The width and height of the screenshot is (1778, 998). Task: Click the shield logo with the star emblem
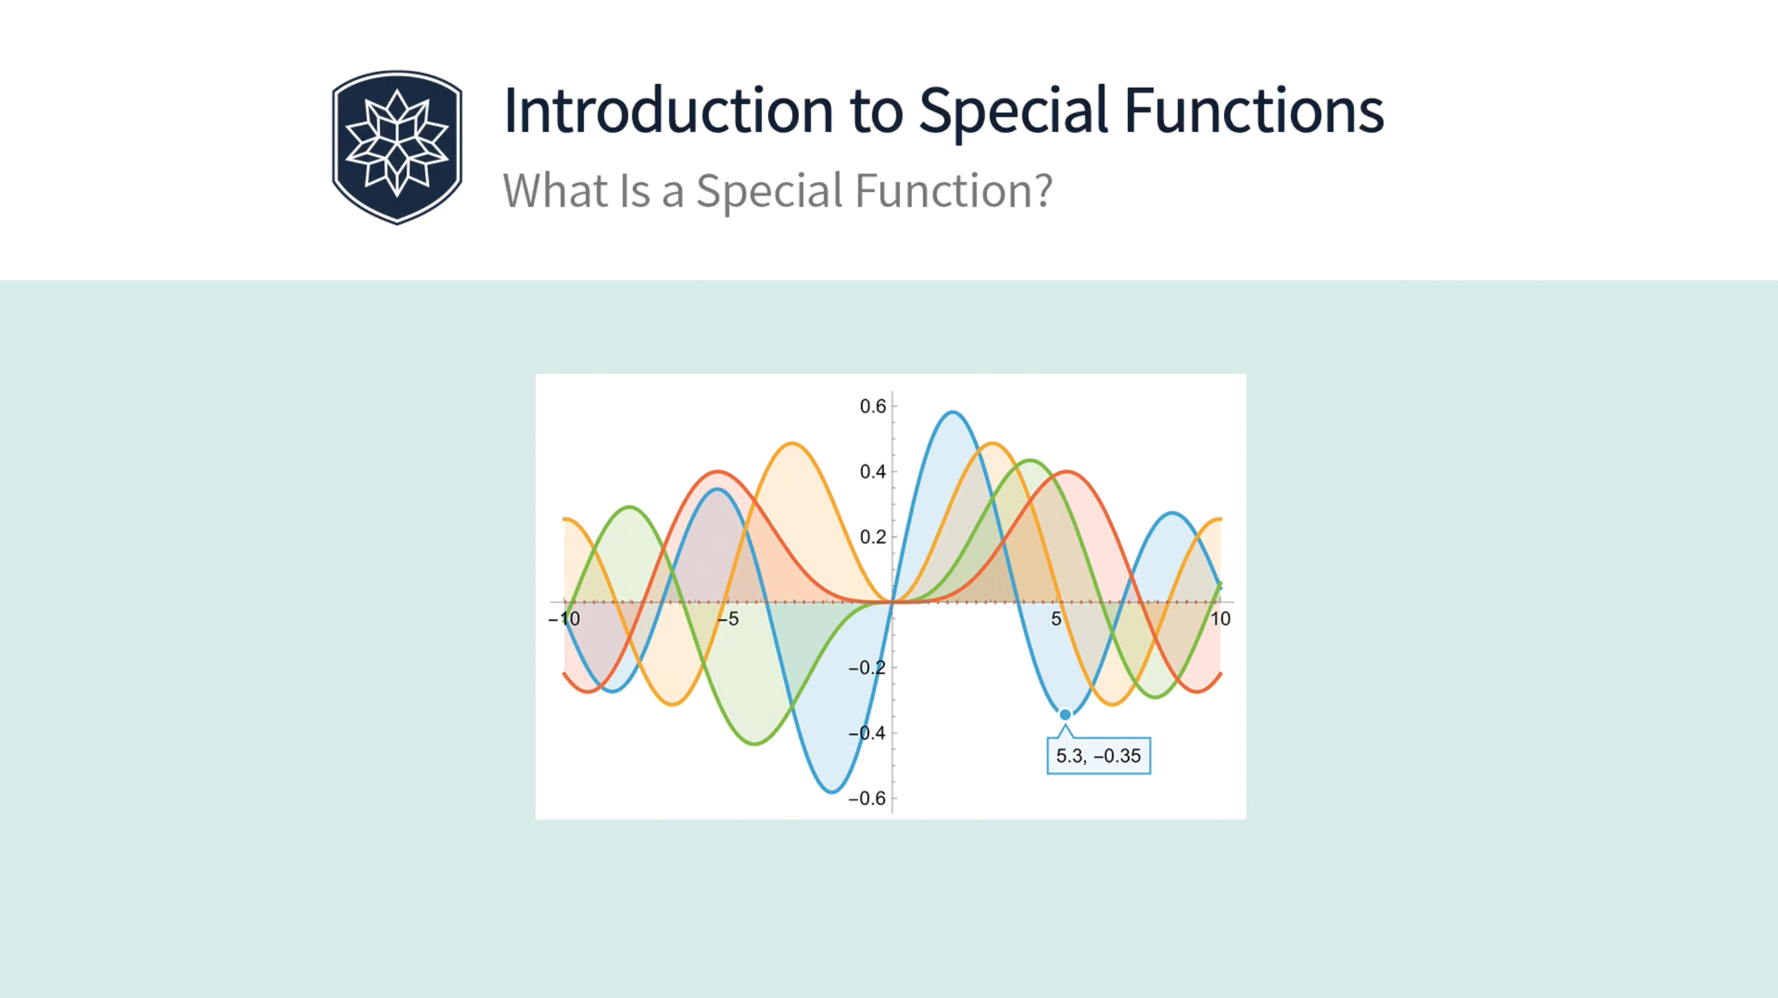(x=397, y=147)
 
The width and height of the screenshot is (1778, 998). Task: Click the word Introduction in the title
(x=669, y=111)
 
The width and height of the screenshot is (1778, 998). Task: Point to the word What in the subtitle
(x=555, y=191)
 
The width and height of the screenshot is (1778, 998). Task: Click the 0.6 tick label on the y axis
(x=873, y=407)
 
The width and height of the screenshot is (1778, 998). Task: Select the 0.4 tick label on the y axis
(x=873, y=472)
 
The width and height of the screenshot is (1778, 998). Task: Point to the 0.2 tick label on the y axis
(x=873, y=537)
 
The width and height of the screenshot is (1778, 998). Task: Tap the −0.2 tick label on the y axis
(x=867, y=668)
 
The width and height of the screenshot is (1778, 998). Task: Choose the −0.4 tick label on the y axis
(x=867, y=733)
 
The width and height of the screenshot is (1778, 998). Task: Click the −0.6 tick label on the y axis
(x=867, y=799)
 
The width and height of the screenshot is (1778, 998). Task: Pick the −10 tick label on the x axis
(x=564, y=619)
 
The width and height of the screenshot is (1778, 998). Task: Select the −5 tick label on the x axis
(x=727, y=619)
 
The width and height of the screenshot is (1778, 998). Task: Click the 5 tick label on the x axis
(x=1056, y=619)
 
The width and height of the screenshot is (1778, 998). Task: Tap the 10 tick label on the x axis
(x=1220, y=619)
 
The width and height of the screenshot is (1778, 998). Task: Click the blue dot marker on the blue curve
(x=1065, y=714)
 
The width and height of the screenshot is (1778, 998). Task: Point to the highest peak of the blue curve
(x=953, y=412)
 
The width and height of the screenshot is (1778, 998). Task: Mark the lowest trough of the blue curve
(x=833, y=791)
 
